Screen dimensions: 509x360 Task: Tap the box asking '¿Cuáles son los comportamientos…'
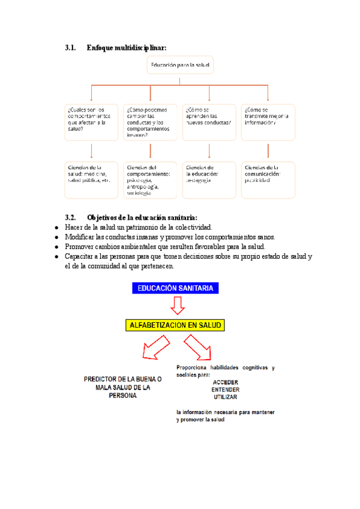coord(91,122)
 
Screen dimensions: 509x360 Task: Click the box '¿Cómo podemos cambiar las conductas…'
coord(150,122)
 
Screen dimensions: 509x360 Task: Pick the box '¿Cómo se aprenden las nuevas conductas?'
coord(209,122)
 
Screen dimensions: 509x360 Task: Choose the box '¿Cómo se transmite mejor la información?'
coord(268,122)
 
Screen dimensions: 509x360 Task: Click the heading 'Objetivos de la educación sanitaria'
coord(142,217)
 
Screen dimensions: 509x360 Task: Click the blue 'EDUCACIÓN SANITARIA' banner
coord(175,289)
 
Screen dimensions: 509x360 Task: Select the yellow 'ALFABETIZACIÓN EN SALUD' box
coord(175,325)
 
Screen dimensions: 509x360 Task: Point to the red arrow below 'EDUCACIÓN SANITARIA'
coord(177,307)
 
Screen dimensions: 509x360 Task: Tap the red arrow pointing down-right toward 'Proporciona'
coord(197,348)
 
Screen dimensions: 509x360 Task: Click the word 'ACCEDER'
coord(225,382)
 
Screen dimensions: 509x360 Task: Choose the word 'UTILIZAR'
coord(225,397)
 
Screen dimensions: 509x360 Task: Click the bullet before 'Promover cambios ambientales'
coord(56,247)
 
